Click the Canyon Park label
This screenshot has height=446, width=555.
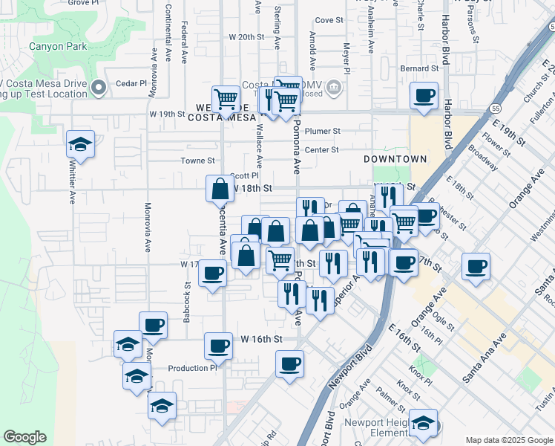pos(57,46)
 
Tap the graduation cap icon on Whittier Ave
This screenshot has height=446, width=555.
pos(80,143)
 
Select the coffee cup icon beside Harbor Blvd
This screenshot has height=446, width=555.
pos(424,95)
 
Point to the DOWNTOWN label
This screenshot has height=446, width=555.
pos(395,159)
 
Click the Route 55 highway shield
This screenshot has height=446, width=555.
pos(494,109)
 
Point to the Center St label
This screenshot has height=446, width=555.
pos(321,149)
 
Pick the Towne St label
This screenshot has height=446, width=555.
pos(198,161)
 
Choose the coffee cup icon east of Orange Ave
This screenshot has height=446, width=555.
pos(476,265)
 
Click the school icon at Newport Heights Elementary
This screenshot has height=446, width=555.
pos(424,423)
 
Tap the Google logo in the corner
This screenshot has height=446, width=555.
pos(24,437)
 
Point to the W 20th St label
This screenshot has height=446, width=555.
pos(246,36)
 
